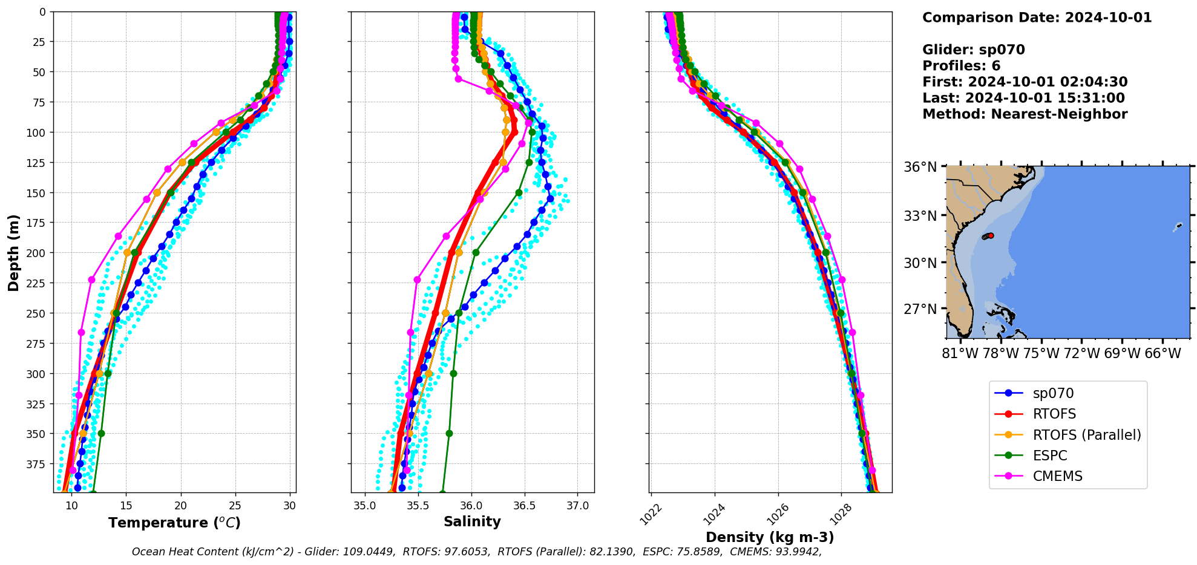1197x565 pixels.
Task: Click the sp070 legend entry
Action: tap(1052, 393)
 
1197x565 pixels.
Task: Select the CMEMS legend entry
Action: tap(1057, 476)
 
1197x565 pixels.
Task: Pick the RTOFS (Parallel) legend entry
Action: tap(1086, 435)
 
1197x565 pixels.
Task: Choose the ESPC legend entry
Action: tap(1049, 456)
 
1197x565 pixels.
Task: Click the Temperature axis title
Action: tap(174, 523)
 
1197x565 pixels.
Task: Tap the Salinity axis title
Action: tap(472, 521)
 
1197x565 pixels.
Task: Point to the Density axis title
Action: tap(770, 537)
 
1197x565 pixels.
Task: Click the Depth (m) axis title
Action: tap(13, 252)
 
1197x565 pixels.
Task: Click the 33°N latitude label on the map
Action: tap(920, 216)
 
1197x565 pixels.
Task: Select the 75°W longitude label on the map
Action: tap(1040, 353)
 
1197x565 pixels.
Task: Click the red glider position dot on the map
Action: tap(991, 235)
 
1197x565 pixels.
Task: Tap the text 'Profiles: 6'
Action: tap(961, 66)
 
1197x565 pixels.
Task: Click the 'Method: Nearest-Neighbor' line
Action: tap(1025, 114)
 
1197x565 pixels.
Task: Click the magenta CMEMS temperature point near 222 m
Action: tap(92, 279)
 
